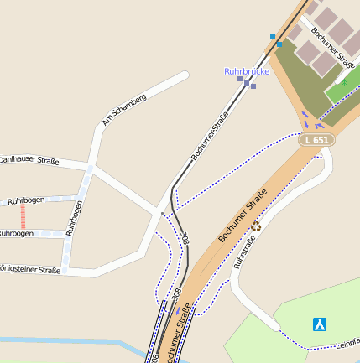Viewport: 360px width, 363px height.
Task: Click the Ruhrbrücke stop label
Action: (x=246, y=71)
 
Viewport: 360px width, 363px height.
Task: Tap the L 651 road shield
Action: (x=317, y=139)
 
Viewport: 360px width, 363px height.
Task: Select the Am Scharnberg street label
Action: (x=124, y=110)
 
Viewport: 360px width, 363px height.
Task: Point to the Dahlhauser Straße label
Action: (x=28, y=159)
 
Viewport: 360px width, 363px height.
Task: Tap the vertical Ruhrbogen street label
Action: (x=75, y=217)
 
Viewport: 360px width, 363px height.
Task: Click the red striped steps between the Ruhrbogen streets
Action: (x=23, y=217)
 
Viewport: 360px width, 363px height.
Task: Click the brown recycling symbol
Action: (x=256, y=225)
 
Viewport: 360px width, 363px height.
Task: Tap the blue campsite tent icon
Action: (x=319, y=324)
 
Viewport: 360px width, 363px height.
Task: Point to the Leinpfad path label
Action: (x=347, y=342)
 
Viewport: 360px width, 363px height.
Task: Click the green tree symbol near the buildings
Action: (x=344, y=86)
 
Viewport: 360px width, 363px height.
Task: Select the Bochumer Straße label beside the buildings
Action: (x=333, y=47)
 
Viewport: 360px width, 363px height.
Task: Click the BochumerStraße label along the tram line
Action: (x=210, y=136)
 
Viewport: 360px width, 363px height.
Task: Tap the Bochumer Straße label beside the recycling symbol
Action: (x=243, y=215)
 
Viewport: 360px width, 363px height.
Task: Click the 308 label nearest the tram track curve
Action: (x=184, y=240)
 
